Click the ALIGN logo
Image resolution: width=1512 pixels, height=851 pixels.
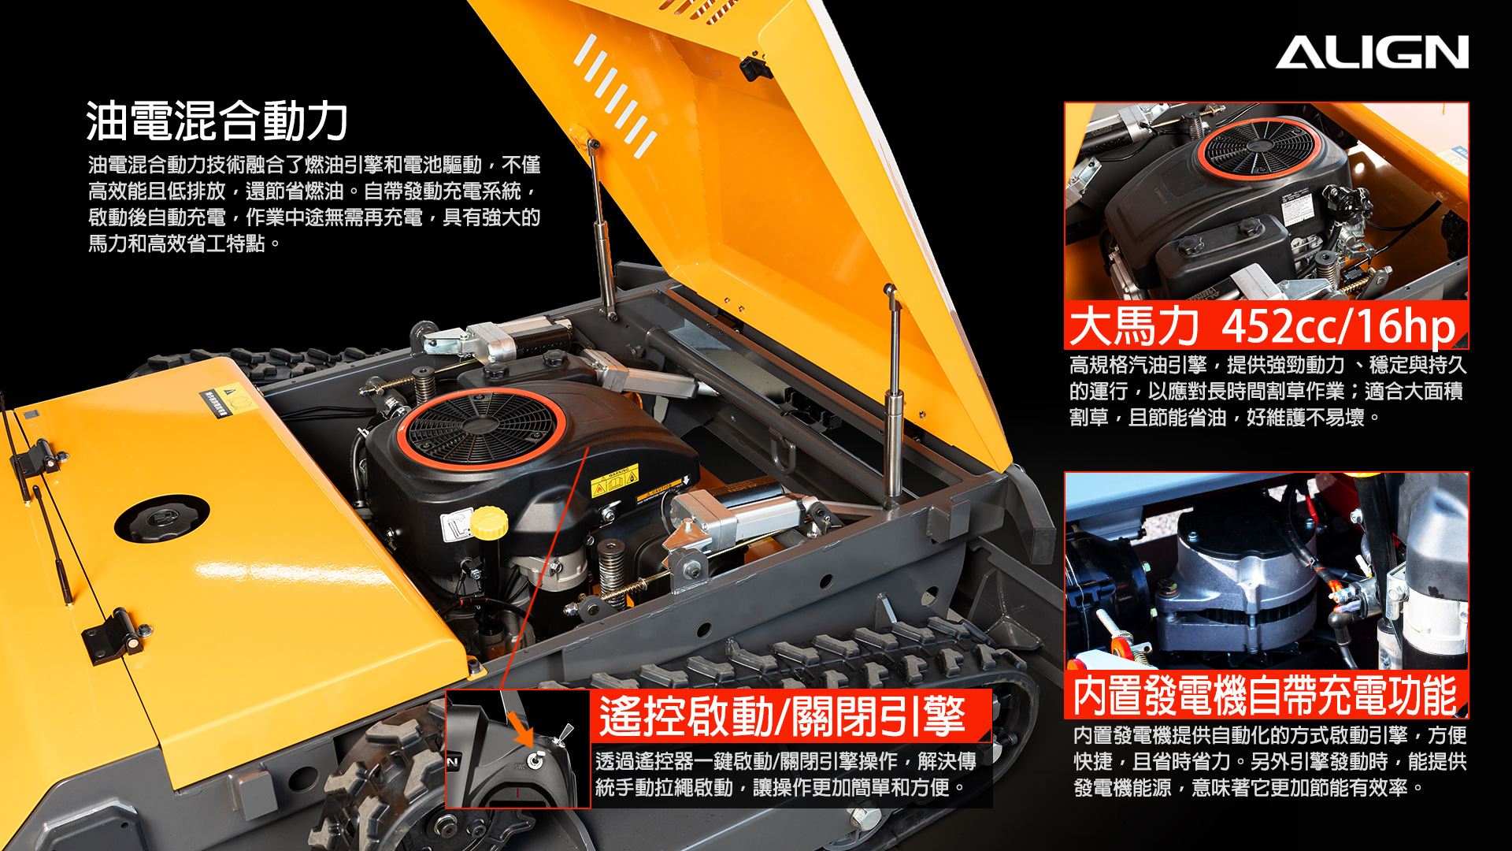point(1372,52)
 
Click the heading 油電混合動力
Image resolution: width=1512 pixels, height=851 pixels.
point(217,121)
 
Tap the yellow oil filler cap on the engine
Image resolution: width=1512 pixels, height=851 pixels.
point(489,523)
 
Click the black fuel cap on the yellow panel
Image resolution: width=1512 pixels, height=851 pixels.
point(162,518)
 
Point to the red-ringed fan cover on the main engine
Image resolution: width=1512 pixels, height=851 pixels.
point(481,429)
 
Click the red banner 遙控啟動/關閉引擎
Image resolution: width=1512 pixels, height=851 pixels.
point(790,715)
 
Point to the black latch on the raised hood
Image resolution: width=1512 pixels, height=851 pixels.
point(754,67)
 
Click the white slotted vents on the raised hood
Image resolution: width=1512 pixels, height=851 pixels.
point(615,95)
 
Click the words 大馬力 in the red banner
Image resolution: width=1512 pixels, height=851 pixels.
point(1134,325)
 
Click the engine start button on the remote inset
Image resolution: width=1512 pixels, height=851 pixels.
point(535,760)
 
